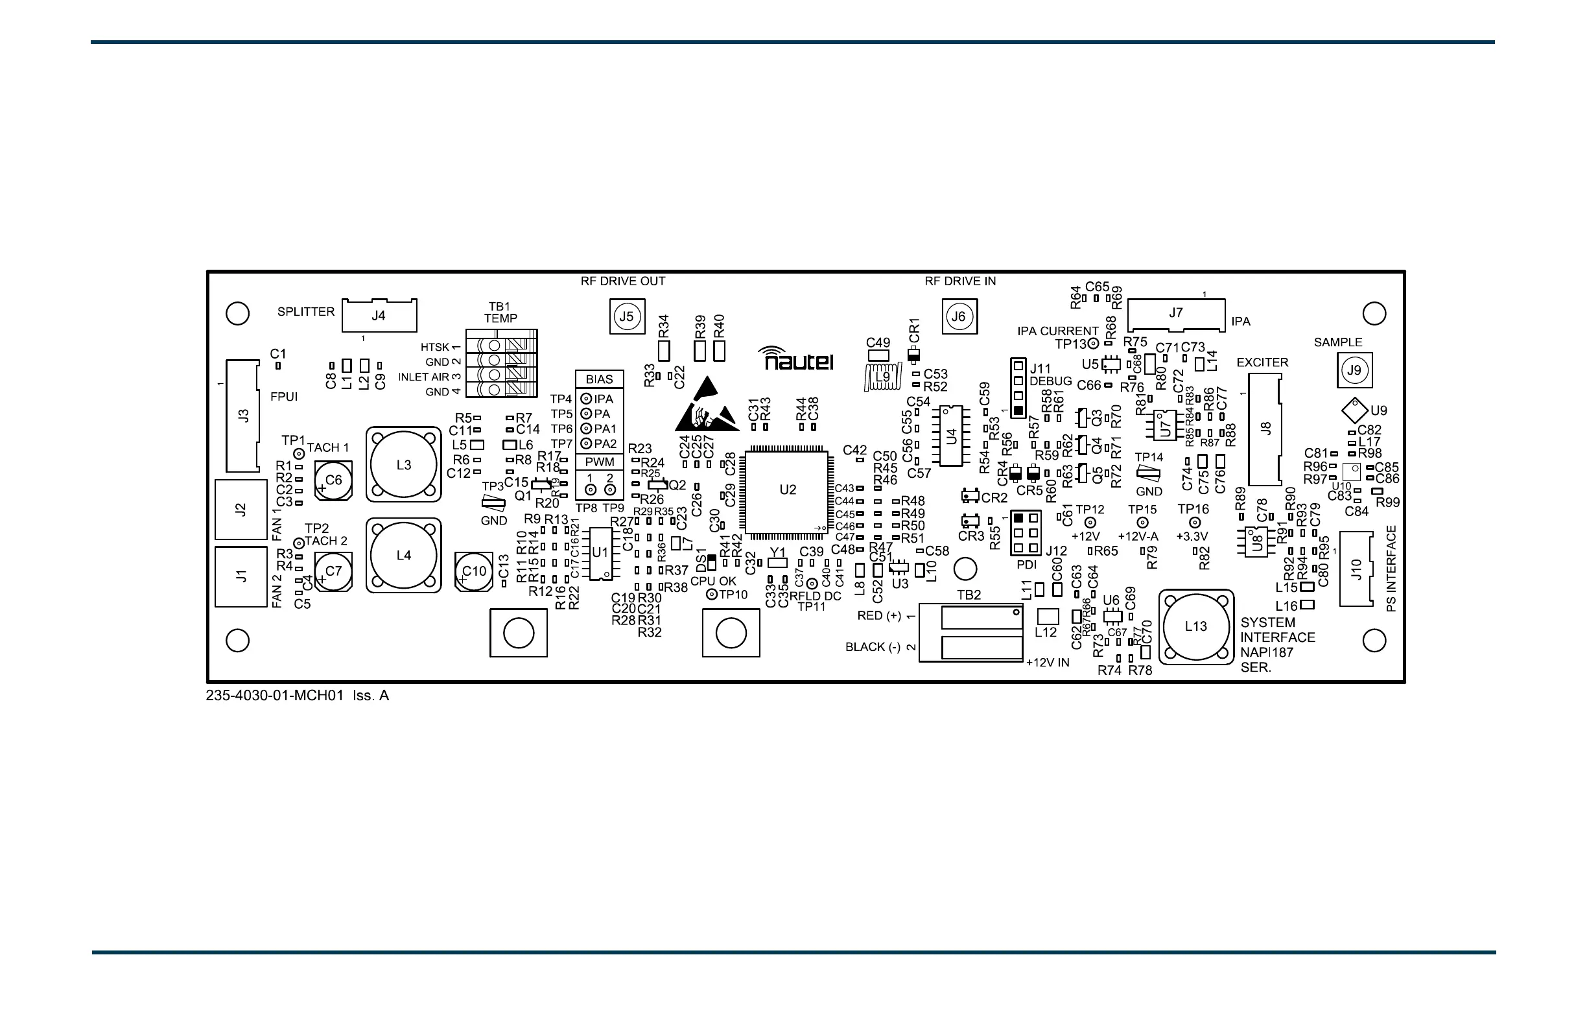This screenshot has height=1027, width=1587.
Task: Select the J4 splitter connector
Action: coord(379,316)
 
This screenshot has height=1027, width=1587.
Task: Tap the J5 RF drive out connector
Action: coord(627,316)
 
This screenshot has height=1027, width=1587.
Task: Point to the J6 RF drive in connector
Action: coord(959,316)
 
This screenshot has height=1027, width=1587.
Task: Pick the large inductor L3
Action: coord(403,465)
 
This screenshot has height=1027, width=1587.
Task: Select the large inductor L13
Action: coord(1195,626)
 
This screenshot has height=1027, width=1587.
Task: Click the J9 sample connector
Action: coord(1354,370)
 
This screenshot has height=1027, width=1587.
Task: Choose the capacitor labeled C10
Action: coord(474,571)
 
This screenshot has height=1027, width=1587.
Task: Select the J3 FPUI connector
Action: coord(242,416)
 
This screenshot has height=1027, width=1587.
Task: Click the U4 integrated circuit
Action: coord(952,436)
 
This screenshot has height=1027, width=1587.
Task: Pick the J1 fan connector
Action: coord(241,576)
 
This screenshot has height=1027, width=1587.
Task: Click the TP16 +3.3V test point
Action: coord(1195,523)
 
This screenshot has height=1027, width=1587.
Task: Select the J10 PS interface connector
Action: coord(1356,569)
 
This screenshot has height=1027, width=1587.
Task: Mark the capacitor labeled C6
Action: coord(333,480)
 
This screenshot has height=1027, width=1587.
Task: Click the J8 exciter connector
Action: coord(1265,429)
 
